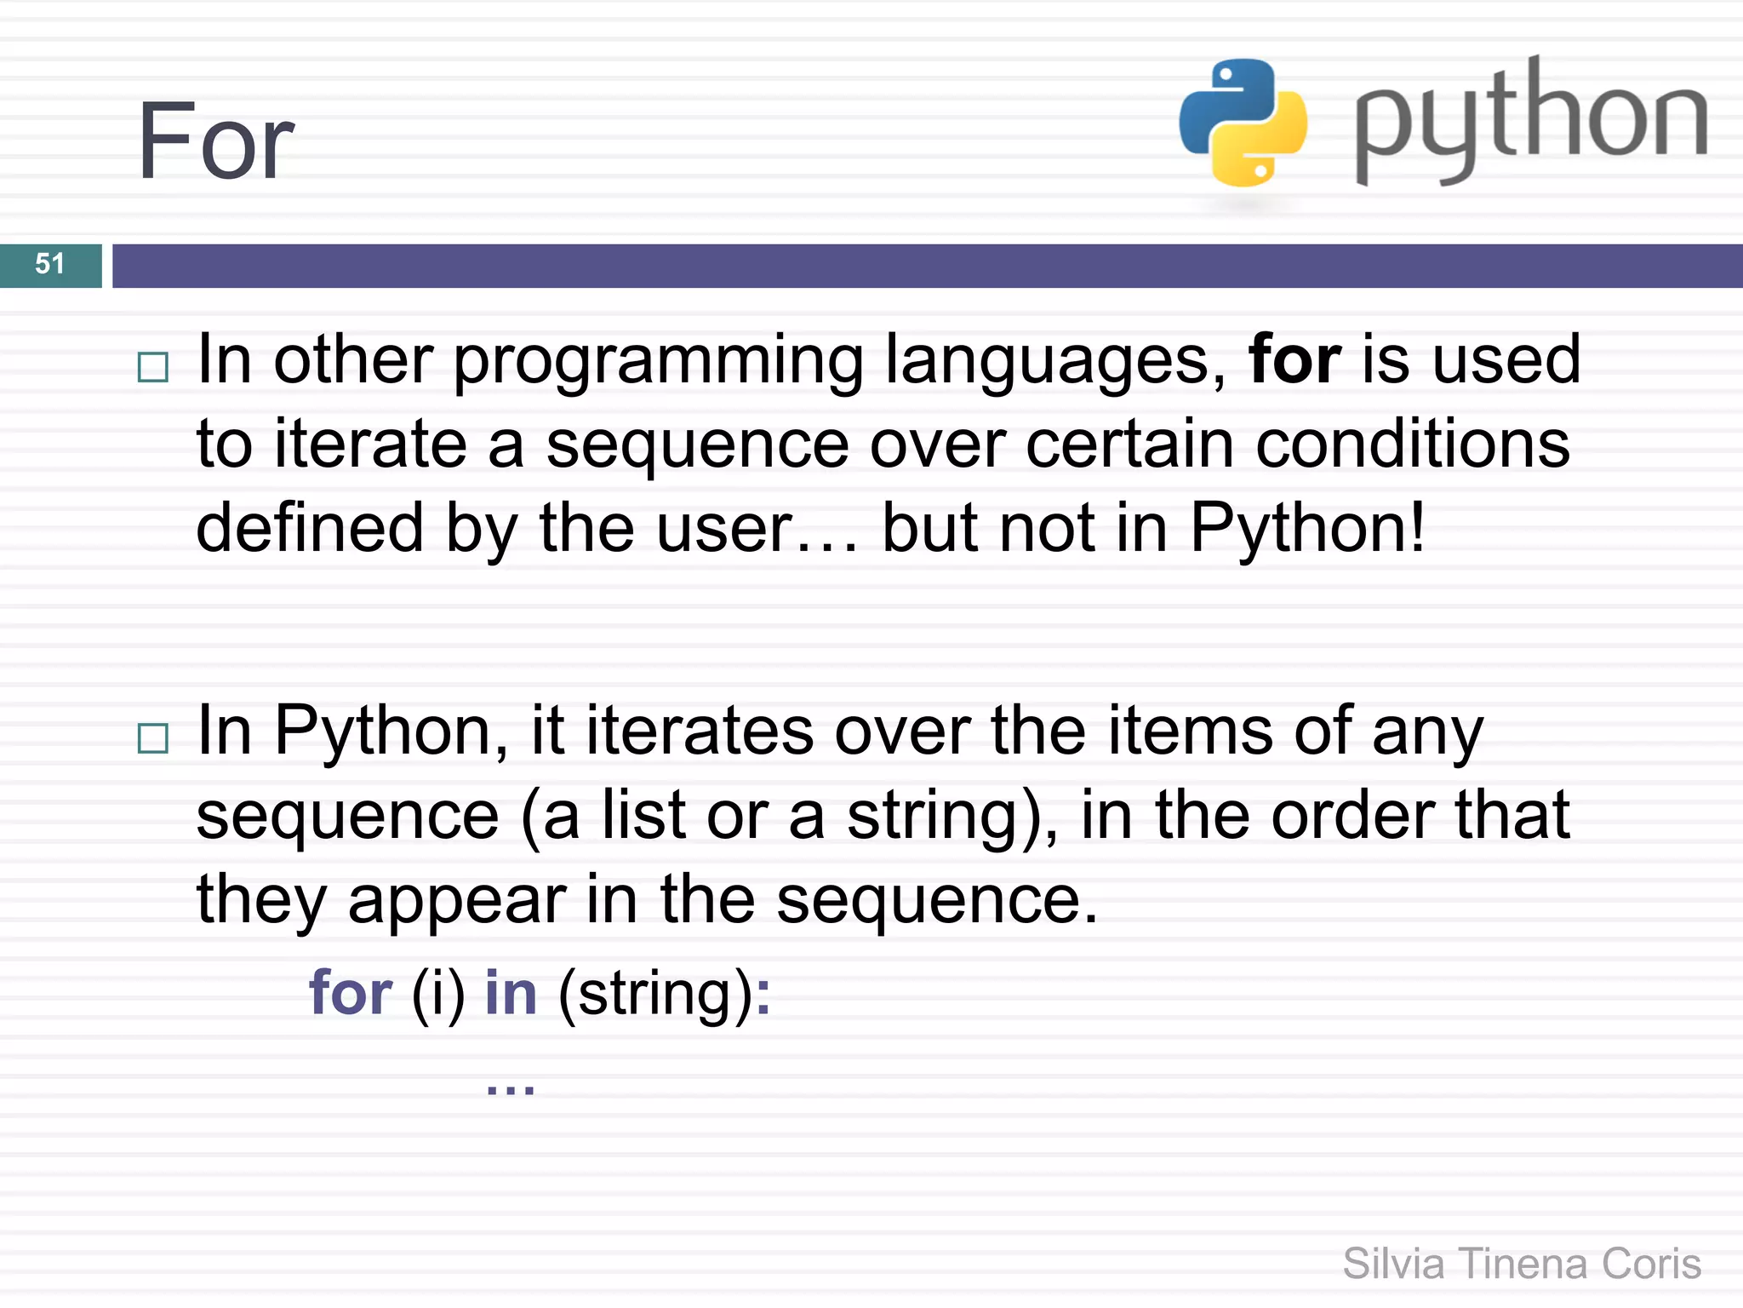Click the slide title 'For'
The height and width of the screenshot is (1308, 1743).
pos(216,141)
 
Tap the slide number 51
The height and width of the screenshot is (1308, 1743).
pos(50,264)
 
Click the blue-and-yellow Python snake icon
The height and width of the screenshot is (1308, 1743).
pos(1243,122)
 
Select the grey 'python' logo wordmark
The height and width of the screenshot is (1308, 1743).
pos(1530,119)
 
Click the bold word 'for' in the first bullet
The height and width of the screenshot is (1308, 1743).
pos(1294,359)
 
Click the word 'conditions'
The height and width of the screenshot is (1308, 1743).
pos(1413,445)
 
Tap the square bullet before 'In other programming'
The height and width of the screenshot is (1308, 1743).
pos(153,368)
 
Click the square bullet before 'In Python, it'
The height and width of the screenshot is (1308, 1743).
pos(153,738)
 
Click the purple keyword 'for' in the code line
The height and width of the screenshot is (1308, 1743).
pos(351,993)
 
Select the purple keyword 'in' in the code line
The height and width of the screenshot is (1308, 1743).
pos(511,993)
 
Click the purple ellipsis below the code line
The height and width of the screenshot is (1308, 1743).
pos(510,1088)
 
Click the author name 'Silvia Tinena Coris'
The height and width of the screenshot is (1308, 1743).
pos(1522,1264)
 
